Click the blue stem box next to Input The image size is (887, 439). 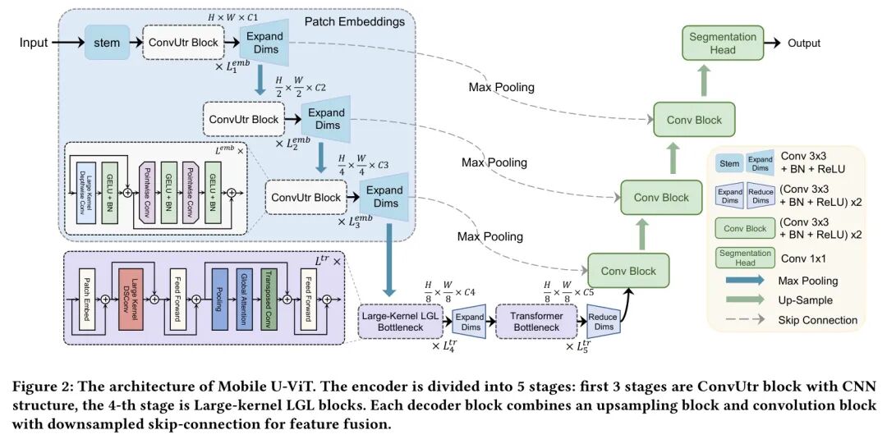(107, 42)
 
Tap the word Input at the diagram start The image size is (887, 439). (34, 42)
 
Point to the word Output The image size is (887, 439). (804, 43)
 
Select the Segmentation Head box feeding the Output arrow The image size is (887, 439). (724, 43)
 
